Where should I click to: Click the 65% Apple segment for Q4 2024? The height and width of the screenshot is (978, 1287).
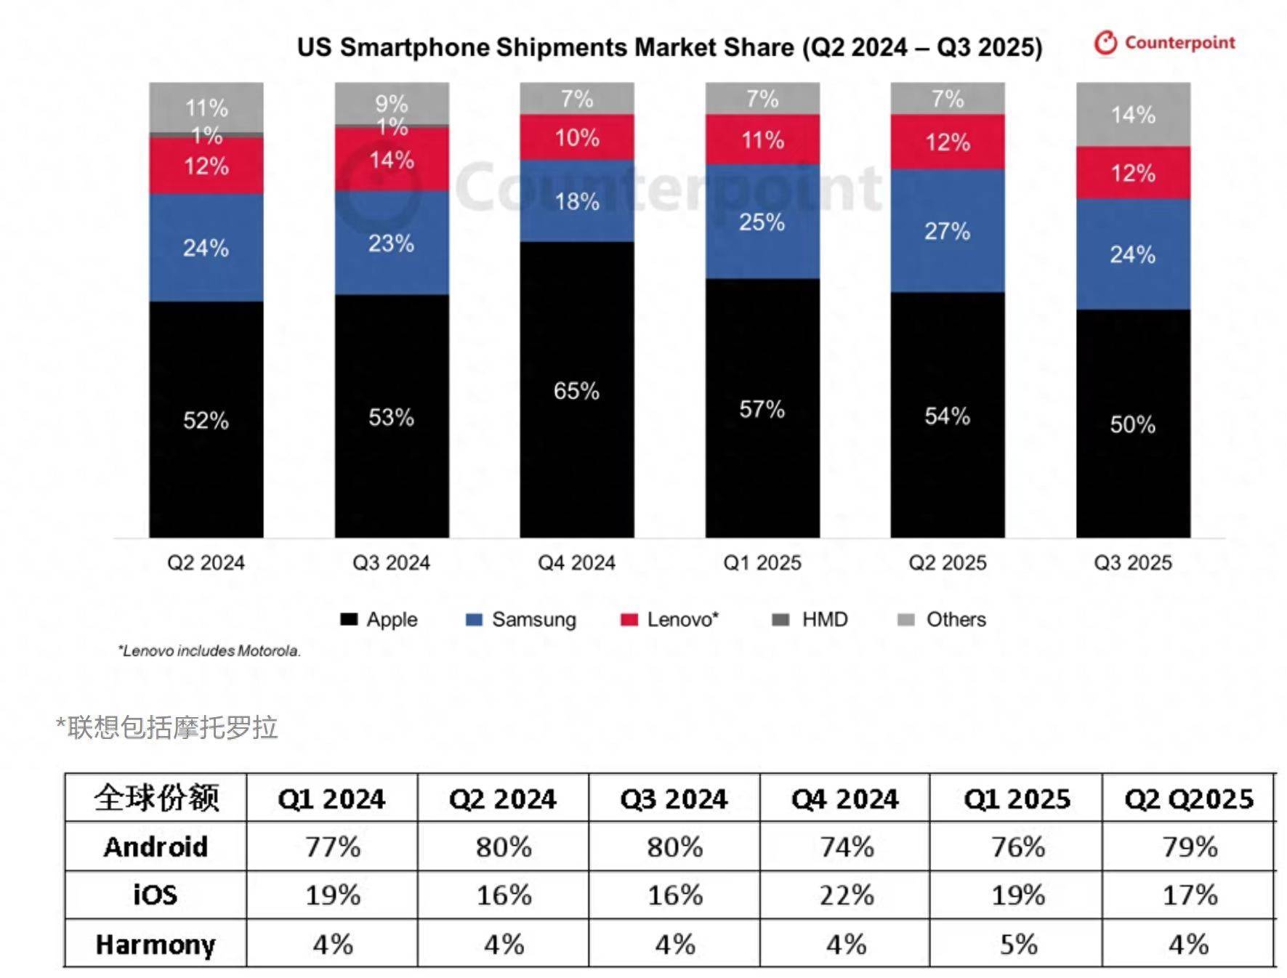[576, 390]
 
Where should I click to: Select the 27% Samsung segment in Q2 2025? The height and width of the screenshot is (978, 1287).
[947, 231]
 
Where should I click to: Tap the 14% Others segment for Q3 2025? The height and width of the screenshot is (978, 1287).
[1132, 114]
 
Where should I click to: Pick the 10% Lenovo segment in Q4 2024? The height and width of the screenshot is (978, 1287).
[576, 137]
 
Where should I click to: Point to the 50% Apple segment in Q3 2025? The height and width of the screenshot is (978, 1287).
[1132, 424]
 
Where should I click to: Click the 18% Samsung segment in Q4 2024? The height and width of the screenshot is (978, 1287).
[576, 201]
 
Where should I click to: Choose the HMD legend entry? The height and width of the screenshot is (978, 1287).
[810, 620]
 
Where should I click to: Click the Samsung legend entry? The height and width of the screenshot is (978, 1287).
[521, 620]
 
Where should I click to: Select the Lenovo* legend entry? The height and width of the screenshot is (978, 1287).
[670, 620]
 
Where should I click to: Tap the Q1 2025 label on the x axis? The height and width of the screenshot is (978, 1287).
[762, 562]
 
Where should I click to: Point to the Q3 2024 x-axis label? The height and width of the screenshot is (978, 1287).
[391, 562]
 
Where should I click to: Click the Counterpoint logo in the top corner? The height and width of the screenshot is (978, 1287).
[1164, 43]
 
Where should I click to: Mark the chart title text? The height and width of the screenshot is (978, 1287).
[669, 47]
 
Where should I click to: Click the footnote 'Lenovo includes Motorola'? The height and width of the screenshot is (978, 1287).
[209, 651]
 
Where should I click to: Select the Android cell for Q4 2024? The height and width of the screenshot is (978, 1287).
[845, 846]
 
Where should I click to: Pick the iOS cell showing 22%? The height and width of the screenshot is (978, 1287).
[845, 895]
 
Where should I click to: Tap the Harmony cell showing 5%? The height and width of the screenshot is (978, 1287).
[1017, 944]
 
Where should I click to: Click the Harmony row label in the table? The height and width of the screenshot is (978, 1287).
[156, 944]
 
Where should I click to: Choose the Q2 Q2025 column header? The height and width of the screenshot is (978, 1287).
[1189, 799]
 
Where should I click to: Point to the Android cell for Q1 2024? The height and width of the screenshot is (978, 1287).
[332, 846]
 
